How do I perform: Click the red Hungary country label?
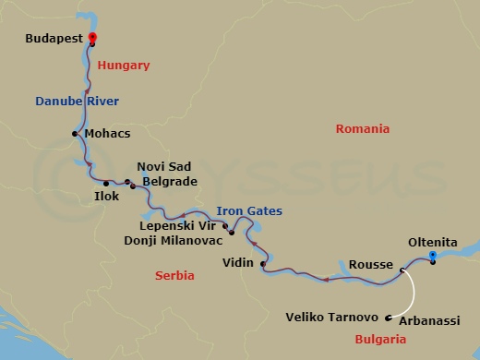point(123,66)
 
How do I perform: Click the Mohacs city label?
point(107,134)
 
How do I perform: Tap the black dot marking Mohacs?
point(75,134)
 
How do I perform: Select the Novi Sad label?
point(164,166)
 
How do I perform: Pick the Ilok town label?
point(106,196)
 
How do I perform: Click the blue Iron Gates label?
point(249,211)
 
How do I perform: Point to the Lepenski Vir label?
point(179,224)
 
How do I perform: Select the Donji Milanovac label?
point(174,240)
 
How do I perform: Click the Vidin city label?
point(239,263)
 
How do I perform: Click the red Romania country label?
point(363,129)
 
